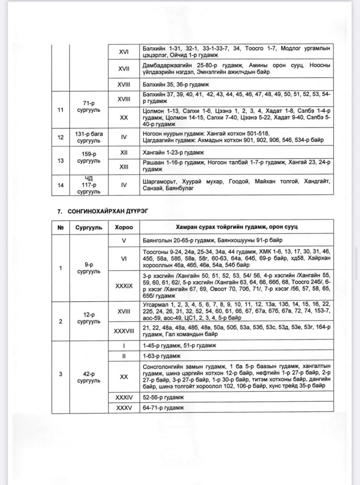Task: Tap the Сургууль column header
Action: coord(88,227)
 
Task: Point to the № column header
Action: coord(61,227)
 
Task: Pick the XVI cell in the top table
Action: coord(124,52)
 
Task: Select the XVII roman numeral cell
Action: coord(124,69)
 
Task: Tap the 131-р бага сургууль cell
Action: coord(88,137)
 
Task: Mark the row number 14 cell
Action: coord(61,185)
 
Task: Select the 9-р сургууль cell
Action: coord(88,268)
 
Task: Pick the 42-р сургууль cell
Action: coord(88,374)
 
